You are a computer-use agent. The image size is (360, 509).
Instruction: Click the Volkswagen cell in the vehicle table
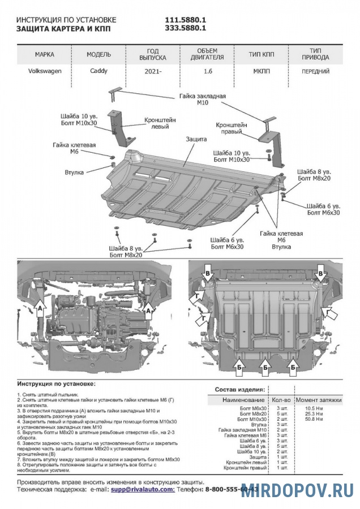pyautogui.click(x=45, y=72)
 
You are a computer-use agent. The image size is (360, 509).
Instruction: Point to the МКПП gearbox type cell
pyautogui.click(x=261, y=72)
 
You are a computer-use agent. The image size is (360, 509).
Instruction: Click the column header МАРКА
pyautogui.click(x=45, y=55)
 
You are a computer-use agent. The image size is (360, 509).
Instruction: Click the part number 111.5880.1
pyautogui.click(x=185, y=19)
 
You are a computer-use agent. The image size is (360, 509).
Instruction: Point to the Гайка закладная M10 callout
pyautogui.click(x=203, y=100)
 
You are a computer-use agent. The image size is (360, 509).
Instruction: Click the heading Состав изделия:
pyautogui.click(x=239, y=390)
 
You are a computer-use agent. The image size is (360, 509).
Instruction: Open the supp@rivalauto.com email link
pyautogui.click(x=142, y=489)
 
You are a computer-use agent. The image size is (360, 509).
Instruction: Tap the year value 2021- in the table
pyautogui.click(x=152, y=72)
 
